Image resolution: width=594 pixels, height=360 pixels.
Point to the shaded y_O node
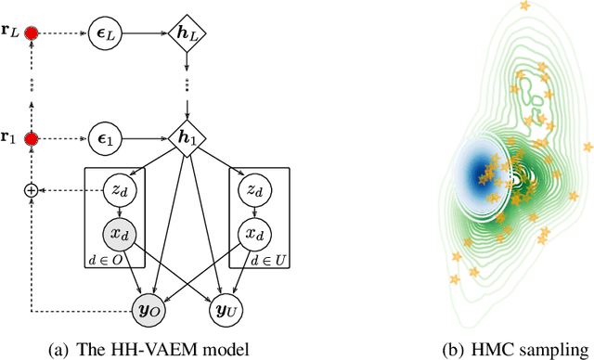151,309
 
